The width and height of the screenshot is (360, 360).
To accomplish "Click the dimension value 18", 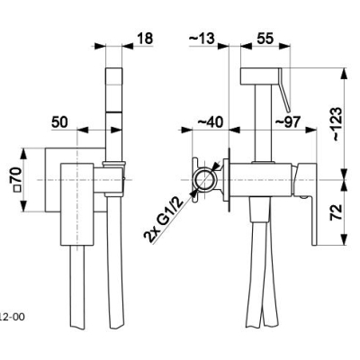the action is coord(145,39).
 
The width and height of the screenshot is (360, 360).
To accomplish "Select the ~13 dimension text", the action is coord(202,39).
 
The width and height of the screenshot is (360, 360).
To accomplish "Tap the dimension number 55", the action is coord(265,39).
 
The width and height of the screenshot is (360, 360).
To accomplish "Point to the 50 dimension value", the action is coord(60,122).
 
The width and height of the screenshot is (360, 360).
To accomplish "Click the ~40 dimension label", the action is coord(211,122).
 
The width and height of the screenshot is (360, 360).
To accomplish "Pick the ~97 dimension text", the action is coord(288,122).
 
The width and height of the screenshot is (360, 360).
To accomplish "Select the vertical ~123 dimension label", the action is coord(337,124).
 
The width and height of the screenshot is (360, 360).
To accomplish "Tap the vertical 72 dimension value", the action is coord(337,212).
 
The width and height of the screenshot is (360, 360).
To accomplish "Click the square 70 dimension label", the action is coord(17,179).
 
